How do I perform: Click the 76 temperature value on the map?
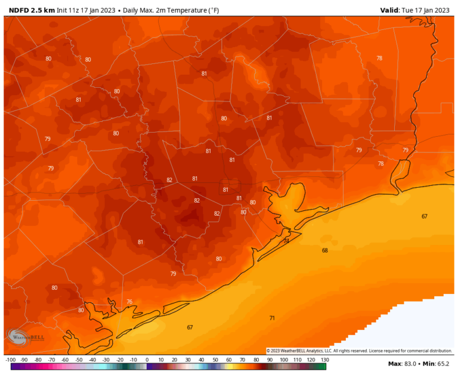point(129,302)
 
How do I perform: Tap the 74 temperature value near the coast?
point(286,241)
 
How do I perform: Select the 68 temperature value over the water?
point(325,250)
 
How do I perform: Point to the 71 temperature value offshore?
point(272,318)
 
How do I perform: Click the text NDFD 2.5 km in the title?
point(32,10)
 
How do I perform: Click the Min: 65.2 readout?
point(440,364)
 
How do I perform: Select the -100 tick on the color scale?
point(10,360)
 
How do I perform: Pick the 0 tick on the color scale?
point(147,360)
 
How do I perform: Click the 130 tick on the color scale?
point(324,360)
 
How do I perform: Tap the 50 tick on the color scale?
point(215,360)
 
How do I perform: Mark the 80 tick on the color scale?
point(256,360)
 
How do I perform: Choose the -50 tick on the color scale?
point(79,360)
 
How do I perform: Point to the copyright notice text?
point(359,351)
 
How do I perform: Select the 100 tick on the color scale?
point(283,360)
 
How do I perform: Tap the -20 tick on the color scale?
point(119,360)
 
